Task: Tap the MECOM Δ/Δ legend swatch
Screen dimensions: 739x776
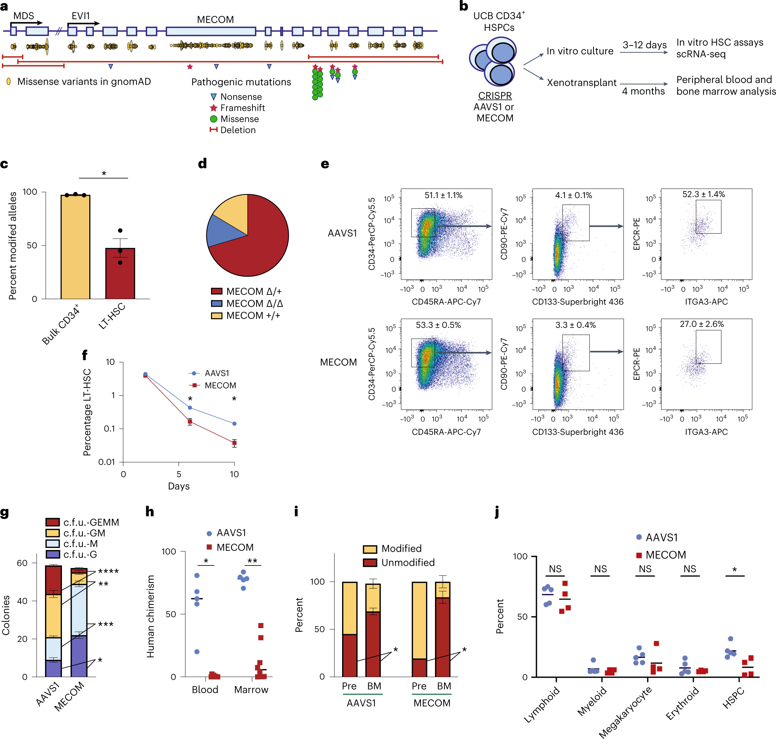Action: [x=216, y=304]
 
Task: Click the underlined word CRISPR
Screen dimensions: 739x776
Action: [x=495, y=96]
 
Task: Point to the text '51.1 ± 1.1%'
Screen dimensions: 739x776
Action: [x=443, y=195]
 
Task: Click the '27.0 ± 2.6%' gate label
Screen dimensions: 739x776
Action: [x=701, y=324]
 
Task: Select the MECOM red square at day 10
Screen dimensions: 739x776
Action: [x=234, y=443]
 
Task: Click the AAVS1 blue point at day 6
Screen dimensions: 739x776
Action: [x=190, y=408]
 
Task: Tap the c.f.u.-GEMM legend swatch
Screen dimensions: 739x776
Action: [x=53, y=522]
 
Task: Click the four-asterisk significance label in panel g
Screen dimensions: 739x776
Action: [x=108, y=572]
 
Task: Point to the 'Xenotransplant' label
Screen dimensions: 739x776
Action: [x=581, y=83]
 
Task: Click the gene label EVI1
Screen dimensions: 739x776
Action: [x=80, y=16]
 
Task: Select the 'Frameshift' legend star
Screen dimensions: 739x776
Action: [x=214, y=108]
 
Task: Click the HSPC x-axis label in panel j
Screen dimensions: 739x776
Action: [x=734, y=697]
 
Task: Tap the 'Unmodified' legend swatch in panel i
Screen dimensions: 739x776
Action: [x=370, y=563]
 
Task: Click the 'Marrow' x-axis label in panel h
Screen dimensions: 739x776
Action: [x=251, y=690]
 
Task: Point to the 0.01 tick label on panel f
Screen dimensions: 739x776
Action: [x=107, y=462]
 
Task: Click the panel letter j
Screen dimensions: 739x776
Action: [x=497, y=512]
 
